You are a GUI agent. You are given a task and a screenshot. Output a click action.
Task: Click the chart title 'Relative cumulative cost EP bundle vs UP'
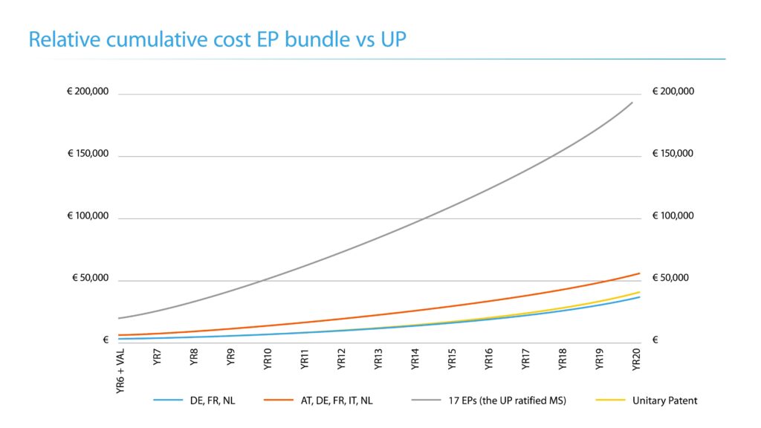[x=217, y=40]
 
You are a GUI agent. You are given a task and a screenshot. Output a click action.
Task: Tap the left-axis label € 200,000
[x=88, y=92]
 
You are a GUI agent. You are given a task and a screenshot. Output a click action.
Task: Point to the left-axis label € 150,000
[x=88, y=155]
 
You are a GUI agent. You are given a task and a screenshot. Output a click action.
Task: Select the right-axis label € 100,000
[x=673, y=217]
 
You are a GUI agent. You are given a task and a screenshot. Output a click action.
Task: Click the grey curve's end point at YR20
[x=632, y=103]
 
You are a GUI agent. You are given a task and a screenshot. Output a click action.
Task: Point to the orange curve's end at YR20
[x=638, y=273]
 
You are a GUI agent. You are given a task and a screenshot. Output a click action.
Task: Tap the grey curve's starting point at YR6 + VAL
[x=119, y=318]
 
